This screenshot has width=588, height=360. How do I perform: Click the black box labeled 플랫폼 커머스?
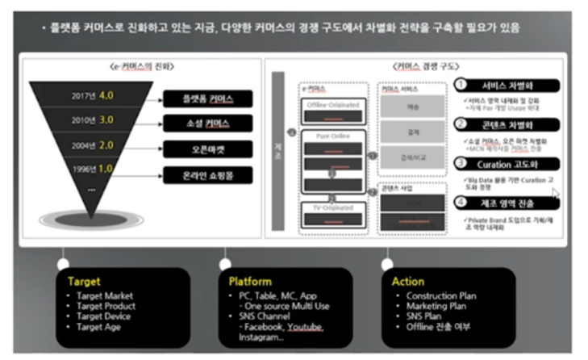(207, 99)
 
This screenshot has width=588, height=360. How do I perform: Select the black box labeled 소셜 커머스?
(207, 124)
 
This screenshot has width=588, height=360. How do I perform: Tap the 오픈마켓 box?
(207, 149)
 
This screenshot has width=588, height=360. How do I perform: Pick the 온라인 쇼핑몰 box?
(207, 174)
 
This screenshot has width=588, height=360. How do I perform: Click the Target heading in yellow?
(85, 282)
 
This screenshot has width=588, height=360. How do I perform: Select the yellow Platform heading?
(251, 282)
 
